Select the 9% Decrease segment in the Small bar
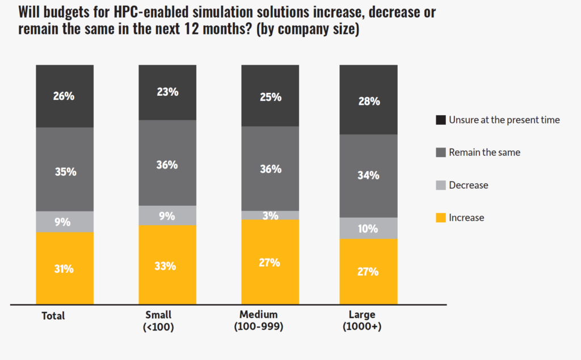tap(167, 215)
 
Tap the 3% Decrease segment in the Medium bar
tap(270, 215)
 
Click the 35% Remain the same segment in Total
tap(65, 170)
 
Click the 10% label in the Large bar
tap(368, 228)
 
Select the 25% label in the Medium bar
tap(270, 97)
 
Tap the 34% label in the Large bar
tap(368, 175)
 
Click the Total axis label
tap(53, 316)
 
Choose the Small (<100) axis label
tap(158, 321)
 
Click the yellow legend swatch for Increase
tap(440, 218)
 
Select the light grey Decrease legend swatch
tap(440, 185)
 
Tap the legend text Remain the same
tap(484, 153)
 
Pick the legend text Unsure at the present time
tap(504, 120)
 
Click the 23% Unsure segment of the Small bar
tap(167, 92)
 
